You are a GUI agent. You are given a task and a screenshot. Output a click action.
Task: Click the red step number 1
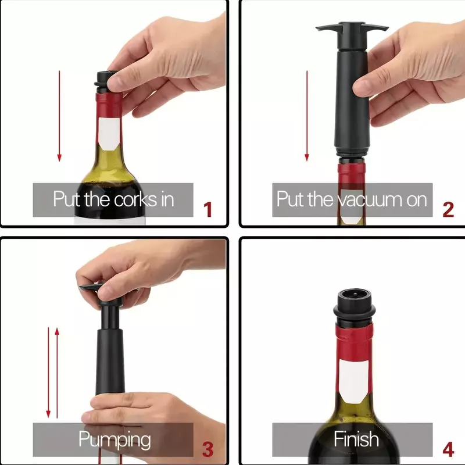[208, 209]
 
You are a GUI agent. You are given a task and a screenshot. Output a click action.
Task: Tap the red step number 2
[448, 209]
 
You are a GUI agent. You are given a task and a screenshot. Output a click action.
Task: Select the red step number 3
[208, 449]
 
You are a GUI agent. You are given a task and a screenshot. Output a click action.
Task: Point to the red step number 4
[448, 449]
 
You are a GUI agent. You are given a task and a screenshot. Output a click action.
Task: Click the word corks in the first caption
[136, 199]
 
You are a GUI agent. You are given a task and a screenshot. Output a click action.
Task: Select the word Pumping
[115, 440]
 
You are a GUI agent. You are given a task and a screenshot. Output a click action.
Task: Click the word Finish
[356, 439]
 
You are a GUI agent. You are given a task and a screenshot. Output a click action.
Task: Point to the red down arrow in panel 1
[59, 116]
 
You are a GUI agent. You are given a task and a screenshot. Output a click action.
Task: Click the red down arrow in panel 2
[307, 116]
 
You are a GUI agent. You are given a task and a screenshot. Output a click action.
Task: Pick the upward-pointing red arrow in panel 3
[57, 373]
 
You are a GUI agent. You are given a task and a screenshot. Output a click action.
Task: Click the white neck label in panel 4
[354, 381]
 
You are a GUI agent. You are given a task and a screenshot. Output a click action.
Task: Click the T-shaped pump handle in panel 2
[352, 30]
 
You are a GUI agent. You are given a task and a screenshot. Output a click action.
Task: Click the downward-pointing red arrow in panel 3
[48, 373]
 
